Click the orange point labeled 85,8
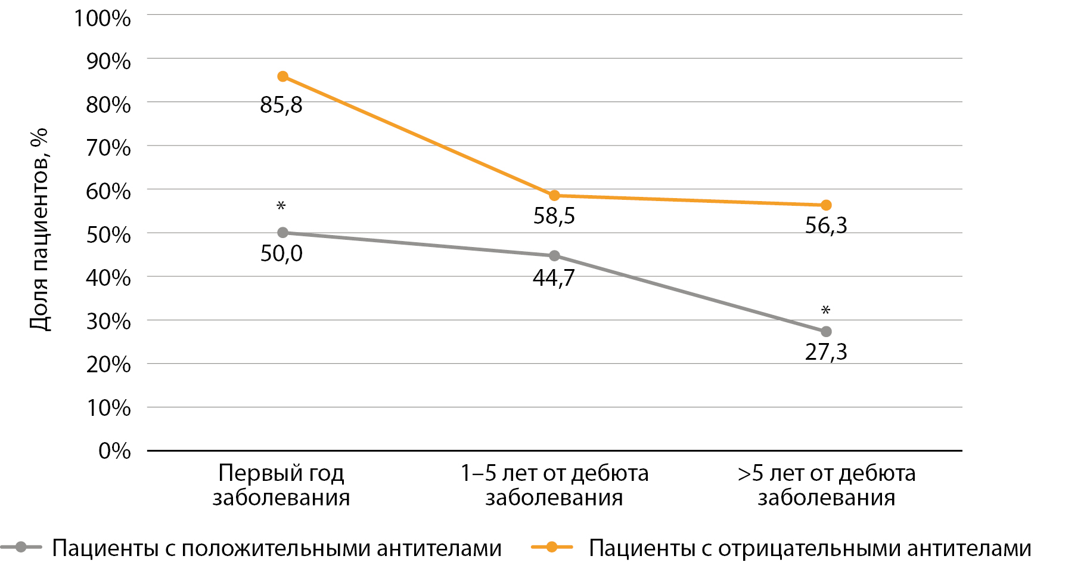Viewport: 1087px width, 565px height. point(283,76)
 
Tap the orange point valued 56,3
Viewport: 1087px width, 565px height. point(826,205)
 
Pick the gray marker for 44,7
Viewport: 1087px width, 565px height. point(554,256)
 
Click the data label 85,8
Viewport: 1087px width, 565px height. point(281,105)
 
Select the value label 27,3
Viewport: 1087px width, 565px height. point(826,352)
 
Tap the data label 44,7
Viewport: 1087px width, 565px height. point(554,278)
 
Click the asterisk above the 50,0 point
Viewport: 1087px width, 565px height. point(281,206)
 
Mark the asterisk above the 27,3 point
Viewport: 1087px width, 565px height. point(826,310)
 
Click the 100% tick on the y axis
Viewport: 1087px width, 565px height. point(103,18)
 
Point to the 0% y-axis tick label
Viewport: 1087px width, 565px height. point(114,450)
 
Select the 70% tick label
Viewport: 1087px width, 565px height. point(108,147)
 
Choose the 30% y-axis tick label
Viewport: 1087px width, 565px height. point(108,321)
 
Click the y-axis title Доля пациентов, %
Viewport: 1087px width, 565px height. point(39,230)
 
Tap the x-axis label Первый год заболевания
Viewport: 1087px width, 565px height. point(281,485)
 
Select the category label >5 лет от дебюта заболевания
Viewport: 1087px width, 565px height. point(827,485)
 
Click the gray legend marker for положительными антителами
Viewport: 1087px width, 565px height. point(21,547)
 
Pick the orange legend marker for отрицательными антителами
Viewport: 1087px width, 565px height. point(552,547)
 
